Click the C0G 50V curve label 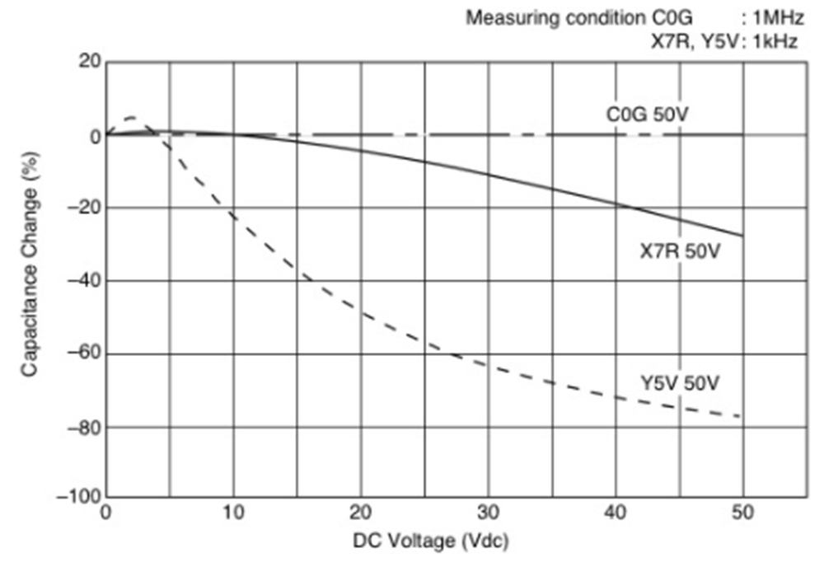coord(647,114)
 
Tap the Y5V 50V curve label coord(680,383)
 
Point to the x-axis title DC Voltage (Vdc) coord(430,541)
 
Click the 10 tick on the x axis coord(233,513)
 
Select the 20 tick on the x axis coord(360,513)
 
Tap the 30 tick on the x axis coord(488,513)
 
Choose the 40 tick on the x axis coord(615,513)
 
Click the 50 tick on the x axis coord(742,513)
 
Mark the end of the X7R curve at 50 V coord(742,237)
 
